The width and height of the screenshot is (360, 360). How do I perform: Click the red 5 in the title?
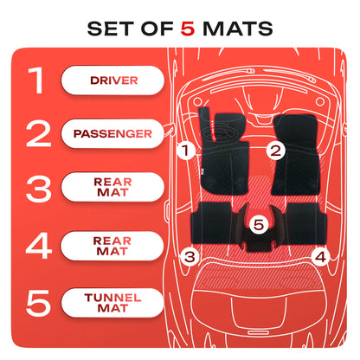(188, 29)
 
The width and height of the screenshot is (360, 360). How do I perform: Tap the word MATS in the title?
(238, 29)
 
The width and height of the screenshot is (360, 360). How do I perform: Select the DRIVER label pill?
(112, 80)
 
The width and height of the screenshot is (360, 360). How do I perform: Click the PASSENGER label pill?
(112, 133)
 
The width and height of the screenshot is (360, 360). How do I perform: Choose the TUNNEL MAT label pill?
(112, 303)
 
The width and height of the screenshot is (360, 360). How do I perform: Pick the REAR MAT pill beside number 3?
(112, 187)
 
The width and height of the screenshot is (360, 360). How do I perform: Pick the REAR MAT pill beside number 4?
(112, 246)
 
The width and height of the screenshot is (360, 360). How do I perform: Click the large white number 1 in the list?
(36, 80)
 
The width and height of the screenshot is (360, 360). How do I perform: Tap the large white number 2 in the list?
(38, 134)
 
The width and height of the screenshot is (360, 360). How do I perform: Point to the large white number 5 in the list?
(38, 303)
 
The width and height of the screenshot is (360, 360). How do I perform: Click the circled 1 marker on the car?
(185, 151)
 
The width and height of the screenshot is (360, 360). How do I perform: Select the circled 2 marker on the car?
(275, 151)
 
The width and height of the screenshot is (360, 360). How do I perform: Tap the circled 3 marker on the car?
(190, 256)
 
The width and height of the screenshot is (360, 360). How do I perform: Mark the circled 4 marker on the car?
(321, 256)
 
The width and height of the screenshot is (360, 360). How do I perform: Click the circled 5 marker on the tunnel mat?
(259, 224)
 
